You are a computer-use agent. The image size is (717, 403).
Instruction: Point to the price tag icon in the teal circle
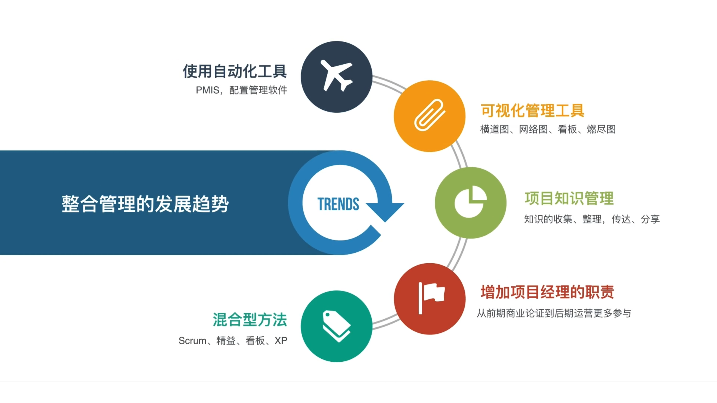336,326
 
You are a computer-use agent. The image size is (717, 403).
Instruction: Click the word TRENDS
338,204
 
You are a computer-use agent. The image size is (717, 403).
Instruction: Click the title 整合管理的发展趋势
145,204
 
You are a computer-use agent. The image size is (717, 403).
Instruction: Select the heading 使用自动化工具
235,71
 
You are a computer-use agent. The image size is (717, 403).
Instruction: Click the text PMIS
207,90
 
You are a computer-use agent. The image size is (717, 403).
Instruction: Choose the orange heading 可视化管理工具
532,111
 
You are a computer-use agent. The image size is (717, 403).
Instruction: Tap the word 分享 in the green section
650,219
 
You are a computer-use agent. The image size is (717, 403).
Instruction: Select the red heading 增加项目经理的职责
547,292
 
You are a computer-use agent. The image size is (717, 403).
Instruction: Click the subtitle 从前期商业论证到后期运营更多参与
554,313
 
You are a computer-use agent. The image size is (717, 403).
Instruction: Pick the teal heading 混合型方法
250,320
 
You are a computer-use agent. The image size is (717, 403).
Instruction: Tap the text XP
281,341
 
